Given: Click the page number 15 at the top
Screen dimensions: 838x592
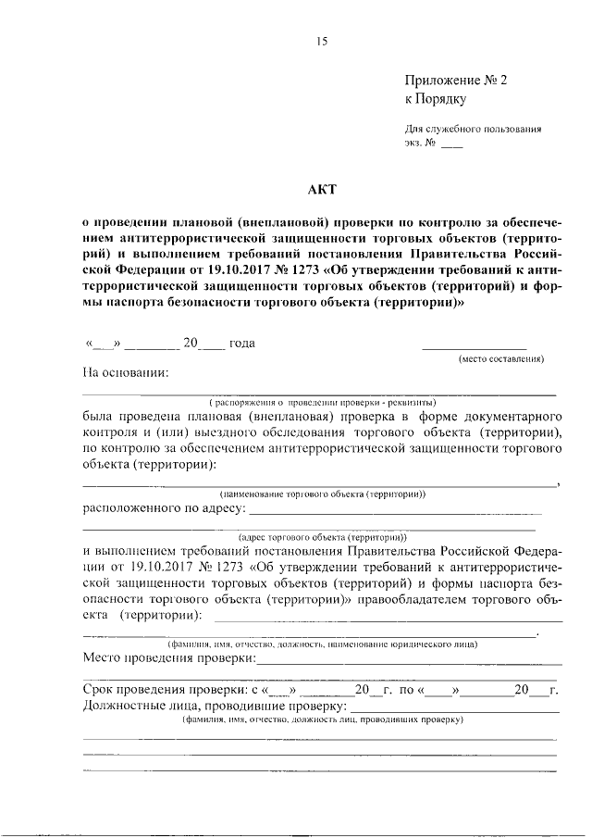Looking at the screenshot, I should tap(322, 41).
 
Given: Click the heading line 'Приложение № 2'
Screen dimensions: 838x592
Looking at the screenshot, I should tap(456, 81).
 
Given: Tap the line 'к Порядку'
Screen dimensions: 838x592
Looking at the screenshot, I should tap(435, 97).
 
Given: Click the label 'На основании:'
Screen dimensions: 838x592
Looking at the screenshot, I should tap(126, 374).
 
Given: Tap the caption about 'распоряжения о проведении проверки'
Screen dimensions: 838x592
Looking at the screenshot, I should tap(322, 403).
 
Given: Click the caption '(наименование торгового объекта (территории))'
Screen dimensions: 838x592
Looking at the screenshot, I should tap(322, 494).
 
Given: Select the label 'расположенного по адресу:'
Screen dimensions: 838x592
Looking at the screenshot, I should tap(165, 508).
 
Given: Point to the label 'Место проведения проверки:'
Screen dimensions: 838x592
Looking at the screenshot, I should tap(168, 657).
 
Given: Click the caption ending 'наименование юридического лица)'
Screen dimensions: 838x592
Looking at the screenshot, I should tap(322, 643).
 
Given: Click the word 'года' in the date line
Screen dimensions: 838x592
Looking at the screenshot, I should tap(242, 344).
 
